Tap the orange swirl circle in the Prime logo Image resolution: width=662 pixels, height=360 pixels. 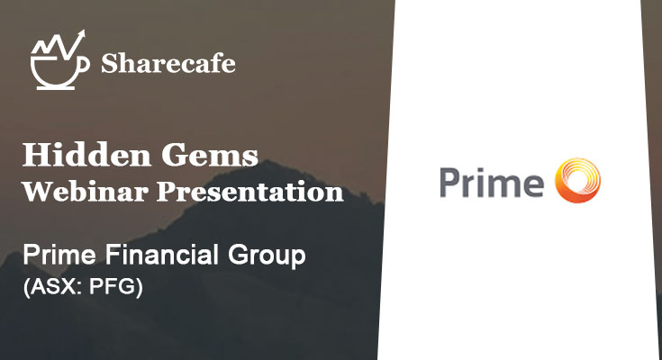pyautogui.click(x=578, y=180)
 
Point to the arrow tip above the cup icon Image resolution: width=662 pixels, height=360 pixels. pyautogui.click(x=83, y=33)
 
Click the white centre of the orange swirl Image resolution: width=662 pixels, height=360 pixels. pyautogui.click(x=576, y=181)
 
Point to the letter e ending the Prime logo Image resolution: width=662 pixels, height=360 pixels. pyautogui.click(x=533, y=185)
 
